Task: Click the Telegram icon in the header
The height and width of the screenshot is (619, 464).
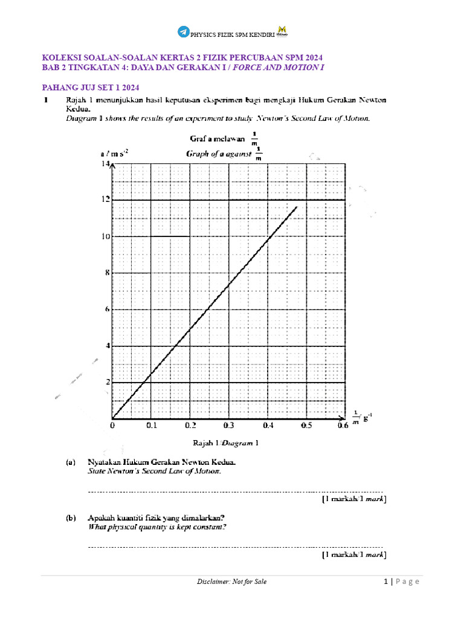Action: coord(183,32)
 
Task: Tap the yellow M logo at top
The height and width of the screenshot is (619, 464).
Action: coord(282,31)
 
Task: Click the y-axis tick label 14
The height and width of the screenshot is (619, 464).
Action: coord(105,163)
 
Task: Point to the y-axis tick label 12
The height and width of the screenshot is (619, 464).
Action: coord(105,199)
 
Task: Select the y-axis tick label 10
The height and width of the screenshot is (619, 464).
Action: coord(105,236)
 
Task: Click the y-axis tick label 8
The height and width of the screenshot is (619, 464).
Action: coord(107,273)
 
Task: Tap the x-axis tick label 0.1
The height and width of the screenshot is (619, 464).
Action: coord(152,426)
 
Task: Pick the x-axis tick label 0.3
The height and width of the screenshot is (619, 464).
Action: coord(229,426)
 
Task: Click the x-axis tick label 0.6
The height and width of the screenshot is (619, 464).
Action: coord(343,426)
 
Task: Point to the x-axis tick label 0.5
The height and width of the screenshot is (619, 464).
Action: coord(306,426)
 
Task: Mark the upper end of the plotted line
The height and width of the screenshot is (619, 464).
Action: coord(297,207)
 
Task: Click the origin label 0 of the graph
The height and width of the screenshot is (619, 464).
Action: coord(113,426)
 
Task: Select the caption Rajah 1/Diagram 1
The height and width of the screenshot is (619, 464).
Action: coord(225,442)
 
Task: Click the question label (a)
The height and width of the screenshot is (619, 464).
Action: coord(71,462)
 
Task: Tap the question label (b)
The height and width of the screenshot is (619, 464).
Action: coord(71,518)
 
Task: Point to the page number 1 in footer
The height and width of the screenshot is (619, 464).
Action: coord(385,582)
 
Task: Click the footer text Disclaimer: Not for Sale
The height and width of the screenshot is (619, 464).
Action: coord(231,582)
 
